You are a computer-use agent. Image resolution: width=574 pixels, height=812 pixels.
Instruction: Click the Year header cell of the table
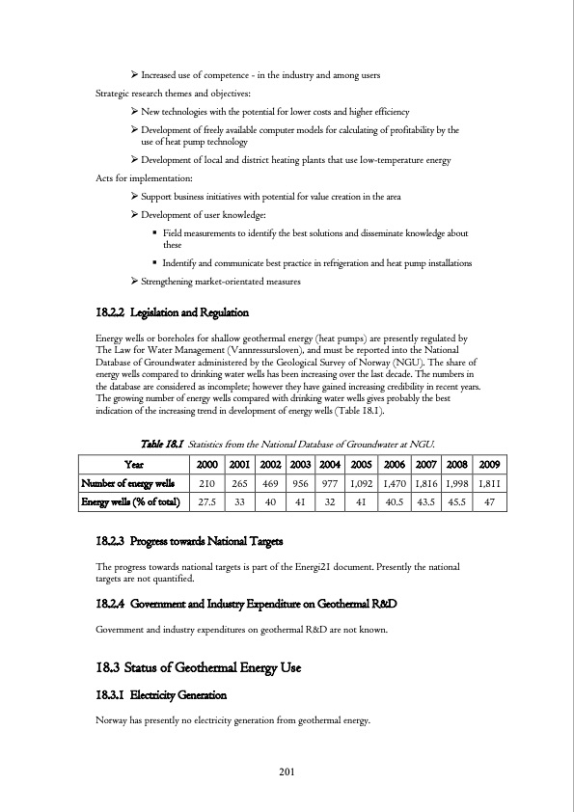135,461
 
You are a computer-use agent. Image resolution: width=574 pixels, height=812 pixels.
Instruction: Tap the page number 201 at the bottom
287,770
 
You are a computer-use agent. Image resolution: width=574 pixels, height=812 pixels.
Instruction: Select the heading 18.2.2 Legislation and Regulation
173,313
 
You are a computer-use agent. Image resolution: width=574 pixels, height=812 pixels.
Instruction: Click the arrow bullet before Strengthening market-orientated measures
134,281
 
